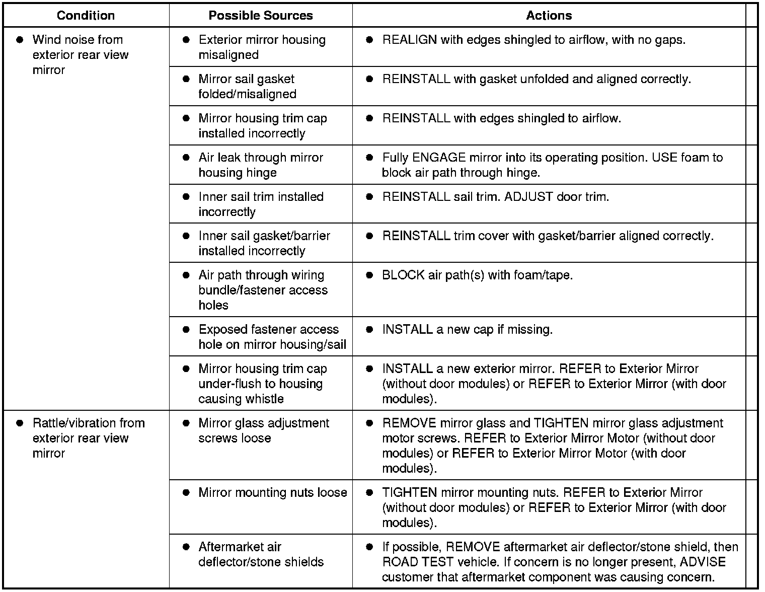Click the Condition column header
point(86,16)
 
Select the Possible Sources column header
point(260,16)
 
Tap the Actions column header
point(549,16)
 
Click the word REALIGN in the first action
point(409,40)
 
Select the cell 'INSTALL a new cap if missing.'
point(467,330)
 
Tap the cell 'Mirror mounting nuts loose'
point(272,493)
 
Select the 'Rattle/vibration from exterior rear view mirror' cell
point(88,438)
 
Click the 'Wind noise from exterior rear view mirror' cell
point(80,55)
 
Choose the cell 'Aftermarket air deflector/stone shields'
point(261,554)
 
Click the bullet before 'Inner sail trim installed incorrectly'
point(186,197)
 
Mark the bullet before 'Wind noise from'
point(20,40)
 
